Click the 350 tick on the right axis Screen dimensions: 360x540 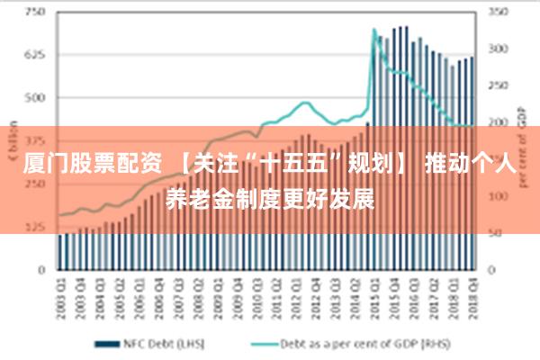pos(499,13)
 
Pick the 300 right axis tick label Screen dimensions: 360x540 pos(499,49)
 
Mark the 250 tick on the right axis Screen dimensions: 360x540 pos(499,85)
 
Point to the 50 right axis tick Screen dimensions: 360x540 pos(497,232)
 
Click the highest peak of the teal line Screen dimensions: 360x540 pos(374,31)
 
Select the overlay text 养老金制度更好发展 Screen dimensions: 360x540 pos(270,196)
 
